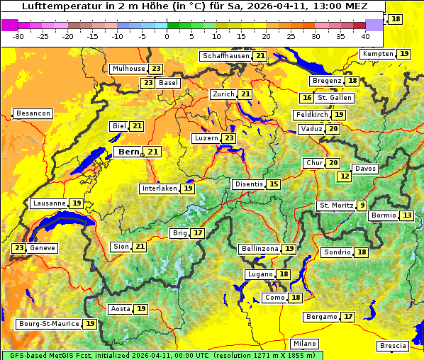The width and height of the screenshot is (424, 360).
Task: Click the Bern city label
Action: [129, 152]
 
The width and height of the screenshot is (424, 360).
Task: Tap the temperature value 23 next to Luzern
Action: [228, 138]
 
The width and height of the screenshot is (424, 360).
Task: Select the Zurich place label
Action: [223, 94]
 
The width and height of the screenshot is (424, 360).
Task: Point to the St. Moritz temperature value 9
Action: [362, 206]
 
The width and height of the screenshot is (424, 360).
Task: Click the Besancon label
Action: [33, 113]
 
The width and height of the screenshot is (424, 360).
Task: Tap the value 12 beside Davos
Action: [345, 176]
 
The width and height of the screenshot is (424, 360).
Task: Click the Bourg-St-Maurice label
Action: [48, 324]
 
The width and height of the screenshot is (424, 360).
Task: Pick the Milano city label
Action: [305, 343]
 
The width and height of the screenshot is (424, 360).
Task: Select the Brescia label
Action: [393, 346]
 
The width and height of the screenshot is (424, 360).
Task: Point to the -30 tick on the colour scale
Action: [18, 35]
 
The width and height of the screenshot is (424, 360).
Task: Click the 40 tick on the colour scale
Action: [365, 35]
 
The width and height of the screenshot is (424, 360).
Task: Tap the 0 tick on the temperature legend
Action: [167, 35]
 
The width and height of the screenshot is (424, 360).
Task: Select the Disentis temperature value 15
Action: [274, 184]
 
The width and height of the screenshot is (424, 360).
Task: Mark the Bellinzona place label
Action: [259, 249]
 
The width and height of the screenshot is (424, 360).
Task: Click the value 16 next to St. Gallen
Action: [307, 98]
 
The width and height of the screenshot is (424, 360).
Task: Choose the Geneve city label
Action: [43, 248]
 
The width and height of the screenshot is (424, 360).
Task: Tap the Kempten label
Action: [376, 54]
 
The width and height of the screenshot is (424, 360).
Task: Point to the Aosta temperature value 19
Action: [141, 309]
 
